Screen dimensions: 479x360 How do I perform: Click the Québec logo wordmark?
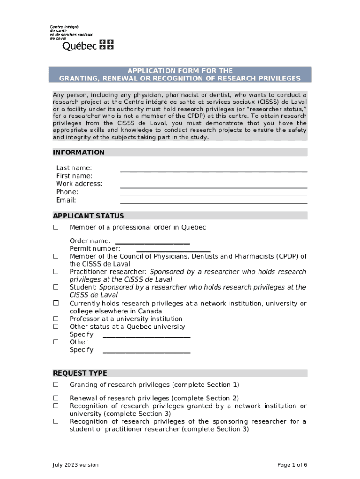click(79, 45)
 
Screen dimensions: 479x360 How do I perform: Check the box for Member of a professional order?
click(56, 227)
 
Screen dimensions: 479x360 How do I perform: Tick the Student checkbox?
click(56, 287)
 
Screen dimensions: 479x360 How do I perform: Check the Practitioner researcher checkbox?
click(56, 271)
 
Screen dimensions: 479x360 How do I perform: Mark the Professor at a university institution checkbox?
click(56, 319)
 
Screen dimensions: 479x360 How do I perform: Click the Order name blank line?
click(152, 243)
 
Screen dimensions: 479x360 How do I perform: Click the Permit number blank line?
click(173, 251)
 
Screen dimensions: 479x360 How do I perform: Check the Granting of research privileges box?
click(56, 385)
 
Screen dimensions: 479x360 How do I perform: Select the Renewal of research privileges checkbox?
click(56, 398)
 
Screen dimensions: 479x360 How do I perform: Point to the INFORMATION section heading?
click(79, 152)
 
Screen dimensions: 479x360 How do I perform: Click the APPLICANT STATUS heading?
click(88, 216)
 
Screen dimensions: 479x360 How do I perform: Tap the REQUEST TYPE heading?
click(80, 373)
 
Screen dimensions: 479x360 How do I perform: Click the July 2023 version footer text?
click(75, 464)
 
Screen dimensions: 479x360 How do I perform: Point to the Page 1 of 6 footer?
click(292, 464)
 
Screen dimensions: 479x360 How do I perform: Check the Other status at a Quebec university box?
click(56, 327)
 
